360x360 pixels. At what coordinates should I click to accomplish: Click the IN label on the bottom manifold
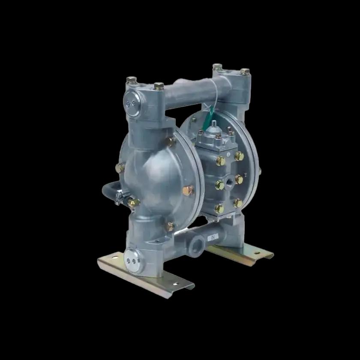(213, 237)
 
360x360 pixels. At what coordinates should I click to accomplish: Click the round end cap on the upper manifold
(132, 103)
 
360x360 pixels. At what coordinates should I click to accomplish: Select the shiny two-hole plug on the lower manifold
(132, 261)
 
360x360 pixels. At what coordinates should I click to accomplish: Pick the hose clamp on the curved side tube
(120, 198)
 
